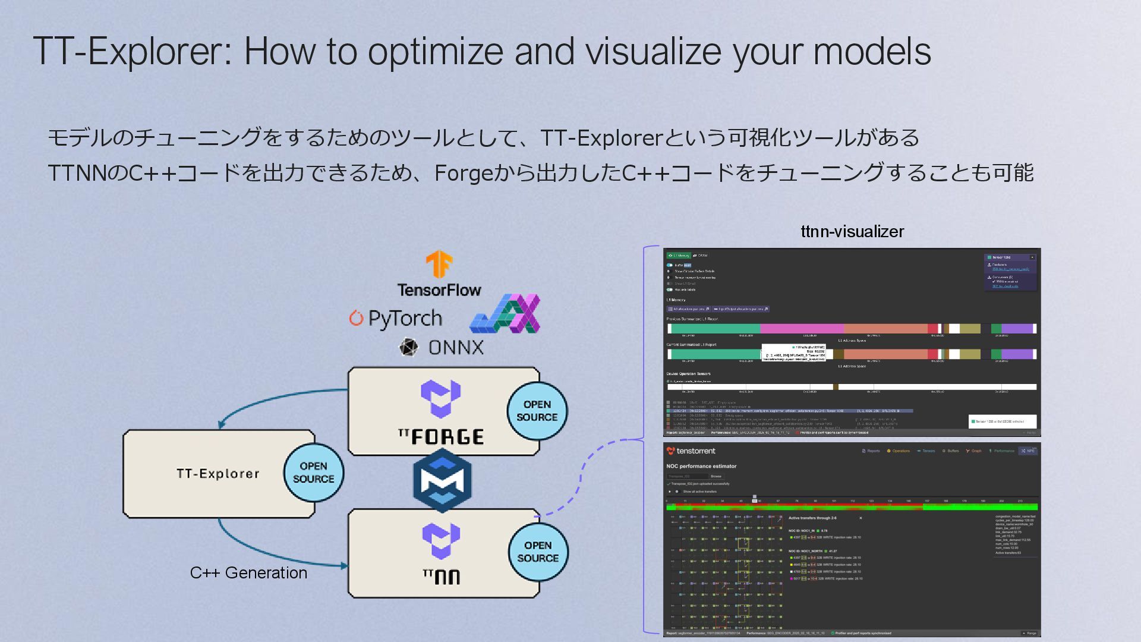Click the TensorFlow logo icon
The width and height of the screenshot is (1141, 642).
click(x=439, y=265)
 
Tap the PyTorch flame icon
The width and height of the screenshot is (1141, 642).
click(x=356, y=318)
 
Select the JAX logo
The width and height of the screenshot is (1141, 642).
click(x=505, y=313)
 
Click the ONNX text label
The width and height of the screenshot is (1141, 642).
click(x=456, y=347)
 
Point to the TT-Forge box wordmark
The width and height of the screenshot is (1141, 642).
click(x=441, y=437)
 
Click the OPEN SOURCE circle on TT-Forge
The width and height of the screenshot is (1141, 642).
click(x=537, y=411)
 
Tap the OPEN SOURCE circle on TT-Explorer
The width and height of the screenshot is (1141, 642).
click(x=313, y=473)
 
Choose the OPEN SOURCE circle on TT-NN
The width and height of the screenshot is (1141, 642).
click(x=538, y=552)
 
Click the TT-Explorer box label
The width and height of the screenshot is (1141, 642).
click(x=218, y=474)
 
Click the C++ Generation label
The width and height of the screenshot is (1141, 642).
click(x=248, y=572)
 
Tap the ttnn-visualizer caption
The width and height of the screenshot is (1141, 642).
click(x=852, y=231)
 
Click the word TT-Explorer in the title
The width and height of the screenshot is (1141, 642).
click(x=133, y=51)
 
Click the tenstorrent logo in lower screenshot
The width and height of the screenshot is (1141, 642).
click(x=691, y=451)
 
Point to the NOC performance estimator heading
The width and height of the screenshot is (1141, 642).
click(x=701, y=466)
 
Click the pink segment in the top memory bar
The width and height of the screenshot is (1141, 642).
click(x=801, y=329)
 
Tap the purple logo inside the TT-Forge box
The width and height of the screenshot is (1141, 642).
click(x=440, y=398)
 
